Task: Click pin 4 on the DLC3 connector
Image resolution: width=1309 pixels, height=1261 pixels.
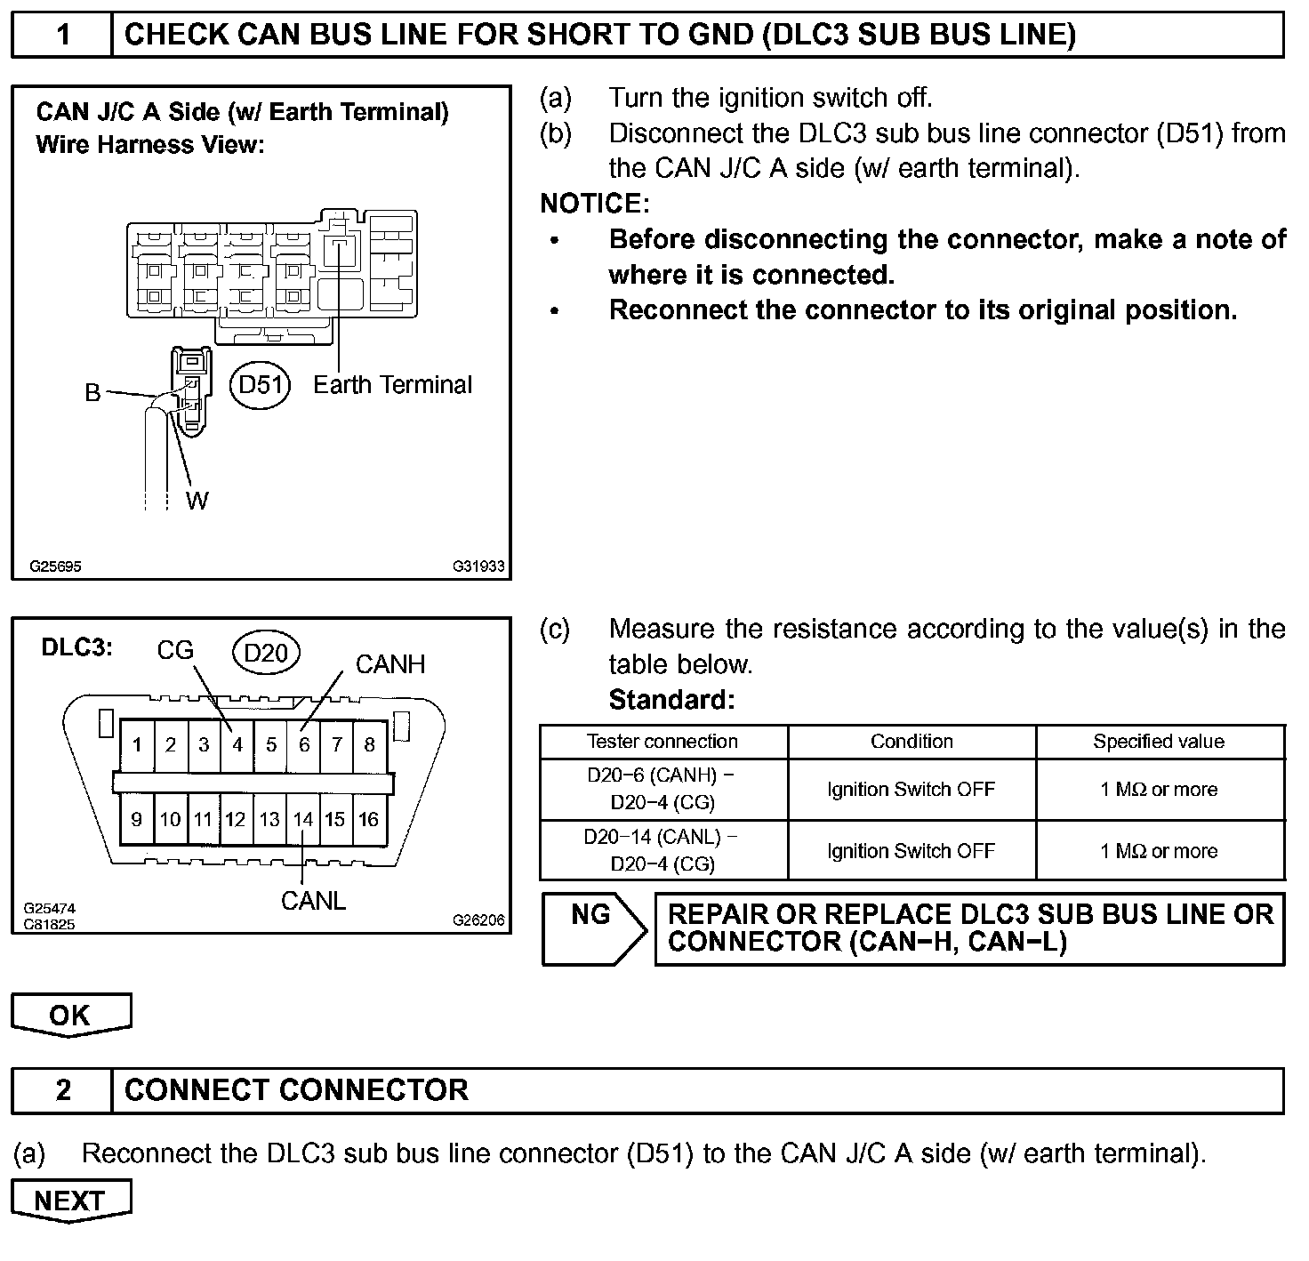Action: [x=237, y=744]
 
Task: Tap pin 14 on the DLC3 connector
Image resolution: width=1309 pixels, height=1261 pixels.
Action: [x=303, y=819]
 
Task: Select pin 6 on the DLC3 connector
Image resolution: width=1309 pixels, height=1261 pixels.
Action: [x=304, y=744]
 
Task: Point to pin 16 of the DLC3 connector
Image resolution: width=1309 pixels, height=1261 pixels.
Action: [x=369, y=819]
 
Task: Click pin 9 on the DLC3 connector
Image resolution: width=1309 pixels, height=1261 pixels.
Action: [x=137, y=819]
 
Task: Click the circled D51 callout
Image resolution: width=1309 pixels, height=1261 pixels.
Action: [x=261, y=385]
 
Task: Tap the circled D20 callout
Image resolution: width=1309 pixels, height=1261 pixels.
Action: [x=266, y=653]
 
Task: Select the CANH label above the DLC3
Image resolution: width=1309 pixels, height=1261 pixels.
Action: [x=390, y=664]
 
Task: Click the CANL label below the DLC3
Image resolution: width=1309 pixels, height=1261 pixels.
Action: [x=313, y=901]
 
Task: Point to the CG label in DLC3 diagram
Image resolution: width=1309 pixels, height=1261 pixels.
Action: [x=175, y=650]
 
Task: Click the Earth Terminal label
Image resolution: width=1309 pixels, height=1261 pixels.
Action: [x=392, y=385]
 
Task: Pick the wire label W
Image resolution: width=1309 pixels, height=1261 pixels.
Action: [x=197, y=501]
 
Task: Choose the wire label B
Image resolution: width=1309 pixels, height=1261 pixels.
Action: [x=92, y=392]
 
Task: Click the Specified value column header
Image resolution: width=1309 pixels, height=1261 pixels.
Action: [x=1159, y=742]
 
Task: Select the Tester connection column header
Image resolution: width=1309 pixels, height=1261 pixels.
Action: [x=663, y=742]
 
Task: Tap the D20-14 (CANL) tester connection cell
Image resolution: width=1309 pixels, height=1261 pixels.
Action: [x=663, y=850]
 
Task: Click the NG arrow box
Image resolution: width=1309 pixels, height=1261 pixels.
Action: [x=593, y=928]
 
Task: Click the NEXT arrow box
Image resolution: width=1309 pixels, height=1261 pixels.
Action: [x=70, y=1201]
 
